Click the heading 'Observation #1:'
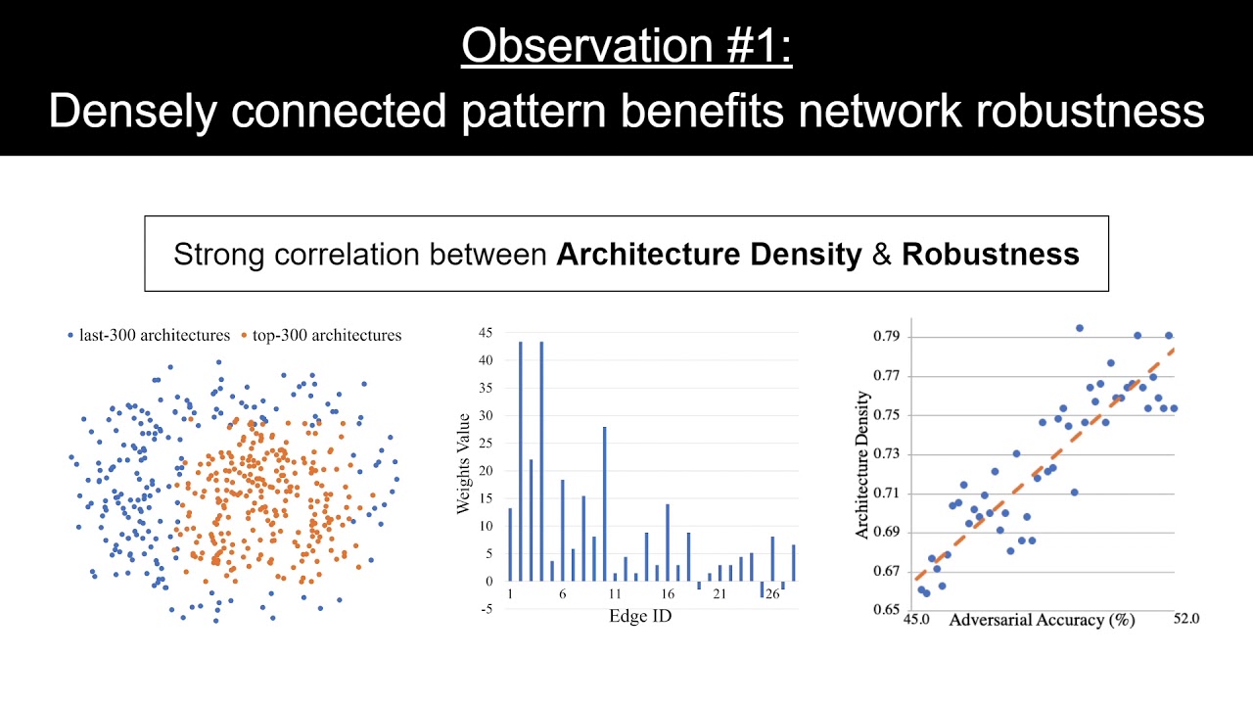coord(626,45)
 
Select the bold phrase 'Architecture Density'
coord(709,255)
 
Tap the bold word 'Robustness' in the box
coord(990,255)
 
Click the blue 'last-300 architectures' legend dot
coord(70,336)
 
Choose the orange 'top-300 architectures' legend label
coord(327,335)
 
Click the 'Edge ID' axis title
coord(640,616)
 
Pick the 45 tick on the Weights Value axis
coord(487,333)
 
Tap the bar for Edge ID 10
coord(605,503)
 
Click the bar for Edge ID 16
coord(668,541)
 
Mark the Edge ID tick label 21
coord(719,594)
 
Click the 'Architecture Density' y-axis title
coord(862,465)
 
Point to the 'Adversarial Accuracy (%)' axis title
coord(1041,620)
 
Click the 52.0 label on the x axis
coord(1185,619)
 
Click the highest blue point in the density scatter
coord(1079,328)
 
